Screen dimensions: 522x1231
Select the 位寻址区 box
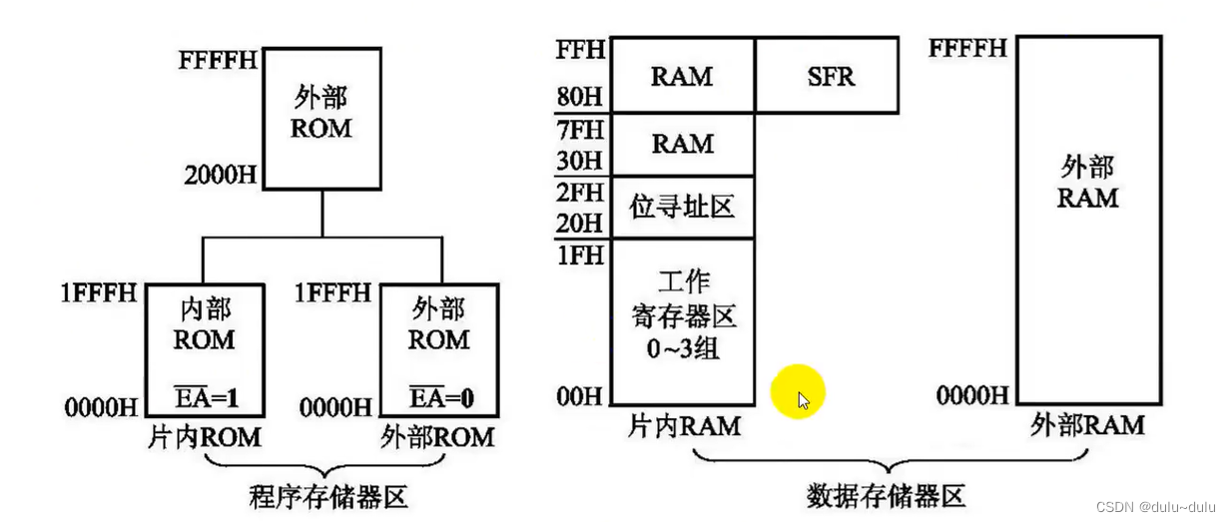point(682,207)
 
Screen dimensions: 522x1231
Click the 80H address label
point(580,99)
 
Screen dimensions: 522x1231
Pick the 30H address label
point(580,161)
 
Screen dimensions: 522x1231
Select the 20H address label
point(580,222)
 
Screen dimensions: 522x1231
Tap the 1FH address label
point(580,254)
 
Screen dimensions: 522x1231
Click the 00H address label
point(580,397)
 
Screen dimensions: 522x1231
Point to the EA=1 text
point(205,400)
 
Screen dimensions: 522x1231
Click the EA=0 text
point(440,400)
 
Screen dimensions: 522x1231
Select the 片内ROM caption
point(205,436)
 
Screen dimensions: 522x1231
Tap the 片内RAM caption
point(685,427)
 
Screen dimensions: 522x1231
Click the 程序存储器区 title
point(328,496)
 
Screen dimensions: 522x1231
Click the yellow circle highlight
point(798,391)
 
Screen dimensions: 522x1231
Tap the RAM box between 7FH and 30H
point(682,145)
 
